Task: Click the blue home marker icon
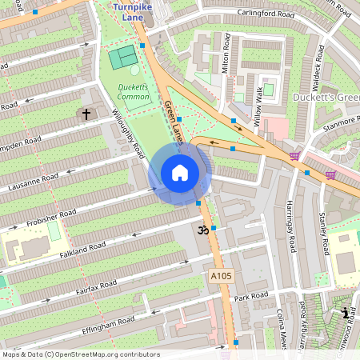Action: tap(180, 173)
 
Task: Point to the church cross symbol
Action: tap(86, 114)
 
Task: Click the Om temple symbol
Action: tap(202, 230)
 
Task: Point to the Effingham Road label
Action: tap(108, 324)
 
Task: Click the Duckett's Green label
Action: tap(326, 98)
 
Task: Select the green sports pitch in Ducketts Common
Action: tap(123, 58)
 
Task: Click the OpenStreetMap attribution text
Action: tap(81, 354)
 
